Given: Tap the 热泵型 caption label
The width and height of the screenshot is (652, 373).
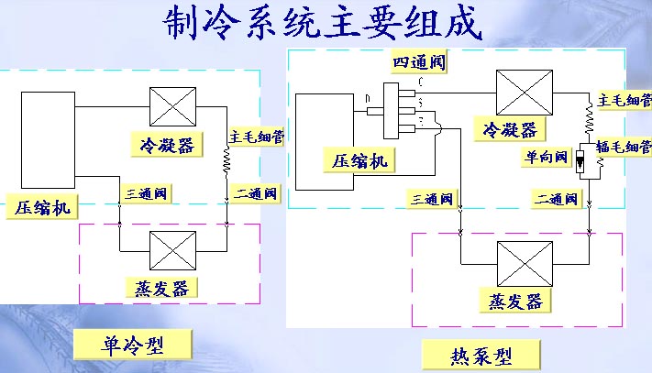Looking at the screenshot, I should point(481,354).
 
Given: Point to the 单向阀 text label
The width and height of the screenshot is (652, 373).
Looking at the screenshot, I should point(545,156).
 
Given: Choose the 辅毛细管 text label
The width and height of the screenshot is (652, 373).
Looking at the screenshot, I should point(624,147).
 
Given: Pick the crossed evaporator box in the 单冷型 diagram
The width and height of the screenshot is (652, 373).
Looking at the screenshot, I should point(168,249).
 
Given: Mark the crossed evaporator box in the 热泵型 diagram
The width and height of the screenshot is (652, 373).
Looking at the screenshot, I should point(524,263).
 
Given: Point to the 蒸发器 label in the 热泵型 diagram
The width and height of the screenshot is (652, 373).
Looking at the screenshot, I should point(511,302).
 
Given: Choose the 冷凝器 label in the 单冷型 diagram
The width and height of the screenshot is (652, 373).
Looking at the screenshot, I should point(167,146).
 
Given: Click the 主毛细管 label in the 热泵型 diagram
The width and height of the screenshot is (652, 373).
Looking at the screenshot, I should point(624,99).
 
